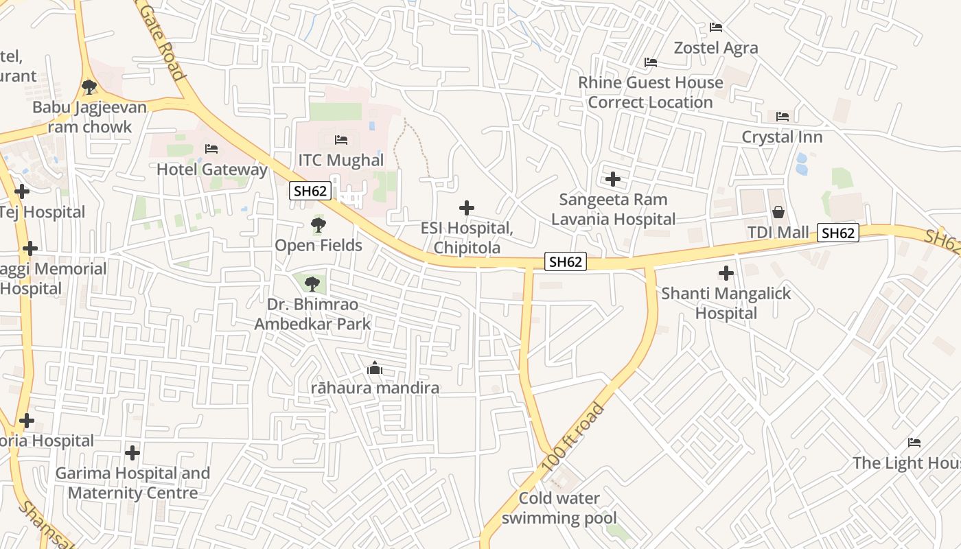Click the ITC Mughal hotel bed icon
coord(341,140)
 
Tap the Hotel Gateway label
coord(212,170)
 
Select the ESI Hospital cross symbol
coord(467,207)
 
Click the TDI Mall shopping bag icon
coord(778,212)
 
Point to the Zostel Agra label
coord(716,48)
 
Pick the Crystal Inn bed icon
coord(782,117)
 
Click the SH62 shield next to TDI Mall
coord(838,233)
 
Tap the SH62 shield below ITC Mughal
coord(310,191)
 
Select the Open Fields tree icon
coord(318,224)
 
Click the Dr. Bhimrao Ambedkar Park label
coord(312,314)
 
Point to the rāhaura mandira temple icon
coord(374,369)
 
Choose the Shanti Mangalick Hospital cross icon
coord(726,273)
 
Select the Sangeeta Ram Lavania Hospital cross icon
coord(612,179)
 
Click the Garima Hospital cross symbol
coord(132,453)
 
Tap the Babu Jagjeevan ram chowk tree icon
coord(89,87)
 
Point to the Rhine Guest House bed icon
coord(651,62)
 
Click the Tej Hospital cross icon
coord(22,191)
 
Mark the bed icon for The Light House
coord(914,443)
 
